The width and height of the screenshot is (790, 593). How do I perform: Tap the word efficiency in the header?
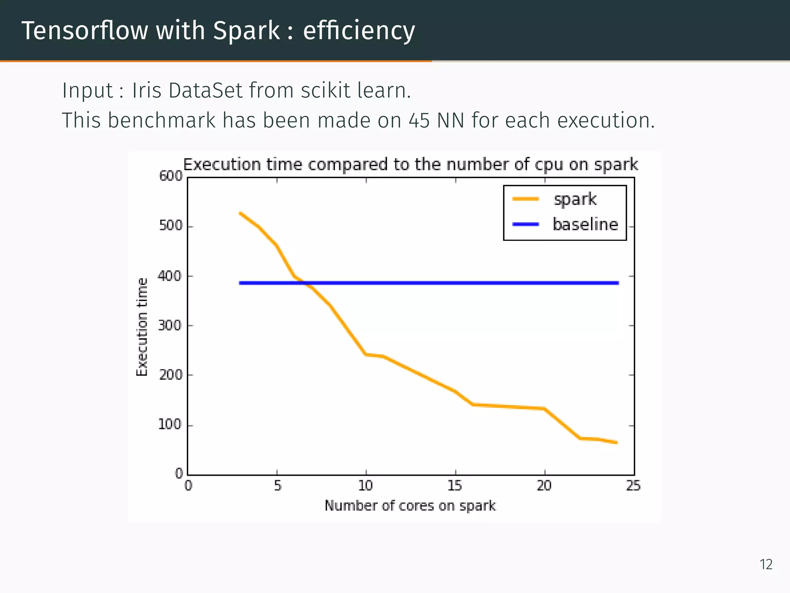pyautogui.click(x=359, y=31)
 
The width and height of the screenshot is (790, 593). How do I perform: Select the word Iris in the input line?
pyautogui.click(x=146, y=91)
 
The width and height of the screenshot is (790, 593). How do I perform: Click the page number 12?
pyautogui.click(x=766, y=564)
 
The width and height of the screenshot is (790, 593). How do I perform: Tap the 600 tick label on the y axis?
pyautogui.click(x=170, y=176)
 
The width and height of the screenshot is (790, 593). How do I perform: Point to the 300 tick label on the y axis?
pyautogui.click(x=170, y=326)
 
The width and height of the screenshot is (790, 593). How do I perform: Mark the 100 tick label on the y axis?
pyautogui.click(x=170, y=425)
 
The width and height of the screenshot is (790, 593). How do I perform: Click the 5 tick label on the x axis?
pyautogui.click(x=278, y=486)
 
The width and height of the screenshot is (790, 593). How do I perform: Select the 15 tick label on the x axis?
pyautogui.click(x=455, y=486)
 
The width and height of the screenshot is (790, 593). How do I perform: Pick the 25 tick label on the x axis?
pyautogui.click(x=633, y=486)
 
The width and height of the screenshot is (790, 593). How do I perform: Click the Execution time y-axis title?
pyautogui.click(x=142, y=327)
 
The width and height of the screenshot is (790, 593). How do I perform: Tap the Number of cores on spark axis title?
pyautogui.click(x=410, y=506)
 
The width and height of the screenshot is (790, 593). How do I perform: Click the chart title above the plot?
pyautogui.click(x=410, y=164)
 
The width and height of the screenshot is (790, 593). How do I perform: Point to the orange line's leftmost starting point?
pyautogui.click(x=240, y=213)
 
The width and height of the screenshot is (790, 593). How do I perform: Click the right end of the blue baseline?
pyautogui.click(x=618, y=283)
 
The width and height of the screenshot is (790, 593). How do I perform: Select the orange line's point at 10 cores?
pyautogui.click(x=366, y=354)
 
